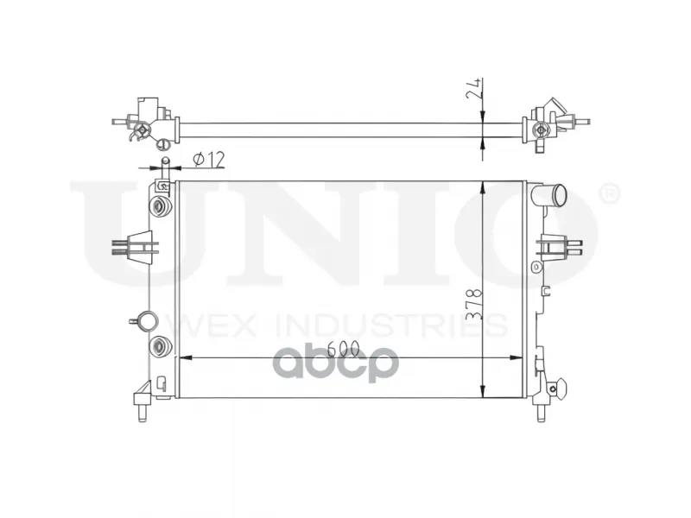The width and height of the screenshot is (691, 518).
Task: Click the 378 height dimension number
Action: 474,304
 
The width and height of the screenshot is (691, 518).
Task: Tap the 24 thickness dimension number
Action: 472,90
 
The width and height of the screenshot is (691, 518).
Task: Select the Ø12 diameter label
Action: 209,160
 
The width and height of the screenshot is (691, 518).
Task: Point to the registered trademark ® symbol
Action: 610,194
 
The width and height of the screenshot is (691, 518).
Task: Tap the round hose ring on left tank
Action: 147,321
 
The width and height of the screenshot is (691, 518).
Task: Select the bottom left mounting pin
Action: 143,414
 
